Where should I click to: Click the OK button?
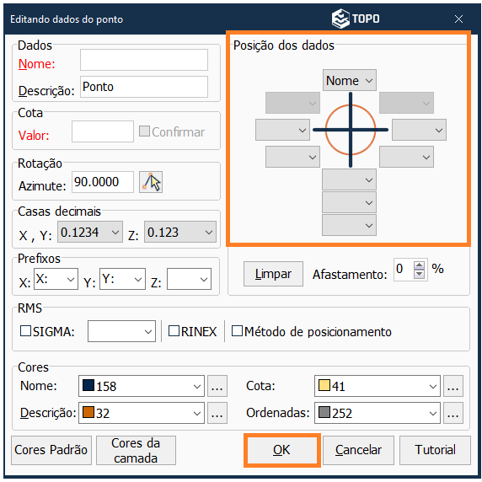282,450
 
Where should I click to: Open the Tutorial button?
435,450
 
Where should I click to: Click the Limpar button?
273,274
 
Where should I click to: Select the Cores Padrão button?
51,450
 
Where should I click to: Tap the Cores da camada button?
136,450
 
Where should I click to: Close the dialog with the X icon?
458,19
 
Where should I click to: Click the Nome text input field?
144,60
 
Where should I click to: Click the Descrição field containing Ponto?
144,87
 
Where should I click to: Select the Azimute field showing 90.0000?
103,182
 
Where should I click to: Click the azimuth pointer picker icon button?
151,182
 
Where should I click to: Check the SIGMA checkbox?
25,331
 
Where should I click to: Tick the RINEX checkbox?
174,331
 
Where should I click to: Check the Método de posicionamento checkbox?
237,331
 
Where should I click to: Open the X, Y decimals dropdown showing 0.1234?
90,232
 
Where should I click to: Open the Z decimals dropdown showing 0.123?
180,232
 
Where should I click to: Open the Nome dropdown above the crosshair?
350,80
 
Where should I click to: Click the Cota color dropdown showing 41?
378,386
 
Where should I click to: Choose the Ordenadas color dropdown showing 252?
378,413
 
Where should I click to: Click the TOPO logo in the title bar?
356,19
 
